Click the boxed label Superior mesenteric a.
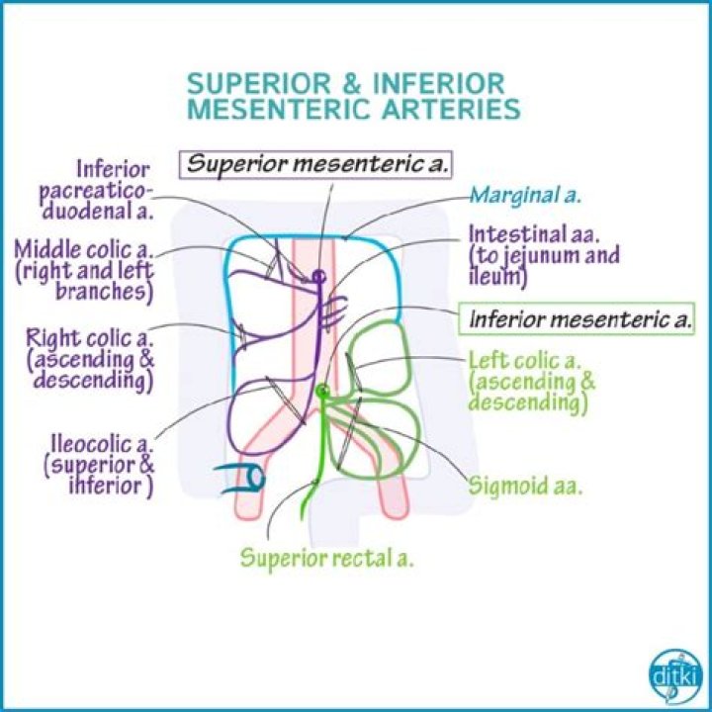[x=318, y=162]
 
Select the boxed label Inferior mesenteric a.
[x=580, y=319]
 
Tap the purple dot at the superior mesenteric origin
[x=319, y=276]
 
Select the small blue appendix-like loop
[x=244, y=479]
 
